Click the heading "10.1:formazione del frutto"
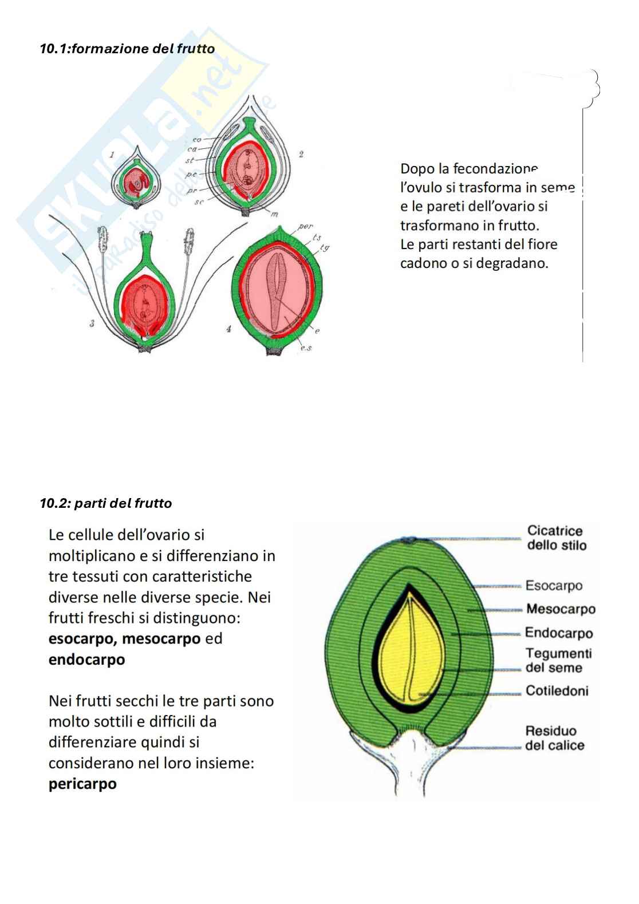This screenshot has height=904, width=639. click(127, 49)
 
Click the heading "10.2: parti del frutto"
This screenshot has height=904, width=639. click(106, 503)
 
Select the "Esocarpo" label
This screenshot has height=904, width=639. click(554, 586)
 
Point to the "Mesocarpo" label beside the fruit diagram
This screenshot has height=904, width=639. click(560, 609)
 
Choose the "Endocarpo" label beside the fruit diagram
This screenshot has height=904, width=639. click(558, 633)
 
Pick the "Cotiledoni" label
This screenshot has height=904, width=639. click(557, 691)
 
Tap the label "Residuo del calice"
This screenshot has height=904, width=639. click(554, 738)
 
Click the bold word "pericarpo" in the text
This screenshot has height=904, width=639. click(82, 784)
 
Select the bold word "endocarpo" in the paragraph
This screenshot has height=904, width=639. click(86, 660)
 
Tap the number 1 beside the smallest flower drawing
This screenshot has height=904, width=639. click(112, 154)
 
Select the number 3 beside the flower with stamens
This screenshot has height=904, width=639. click(92, 324)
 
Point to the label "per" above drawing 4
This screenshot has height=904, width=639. click(305, 226)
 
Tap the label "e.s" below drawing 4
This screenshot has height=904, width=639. click(305, 348)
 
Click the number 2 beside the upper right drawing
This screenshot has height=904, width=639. click(301, 153)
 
